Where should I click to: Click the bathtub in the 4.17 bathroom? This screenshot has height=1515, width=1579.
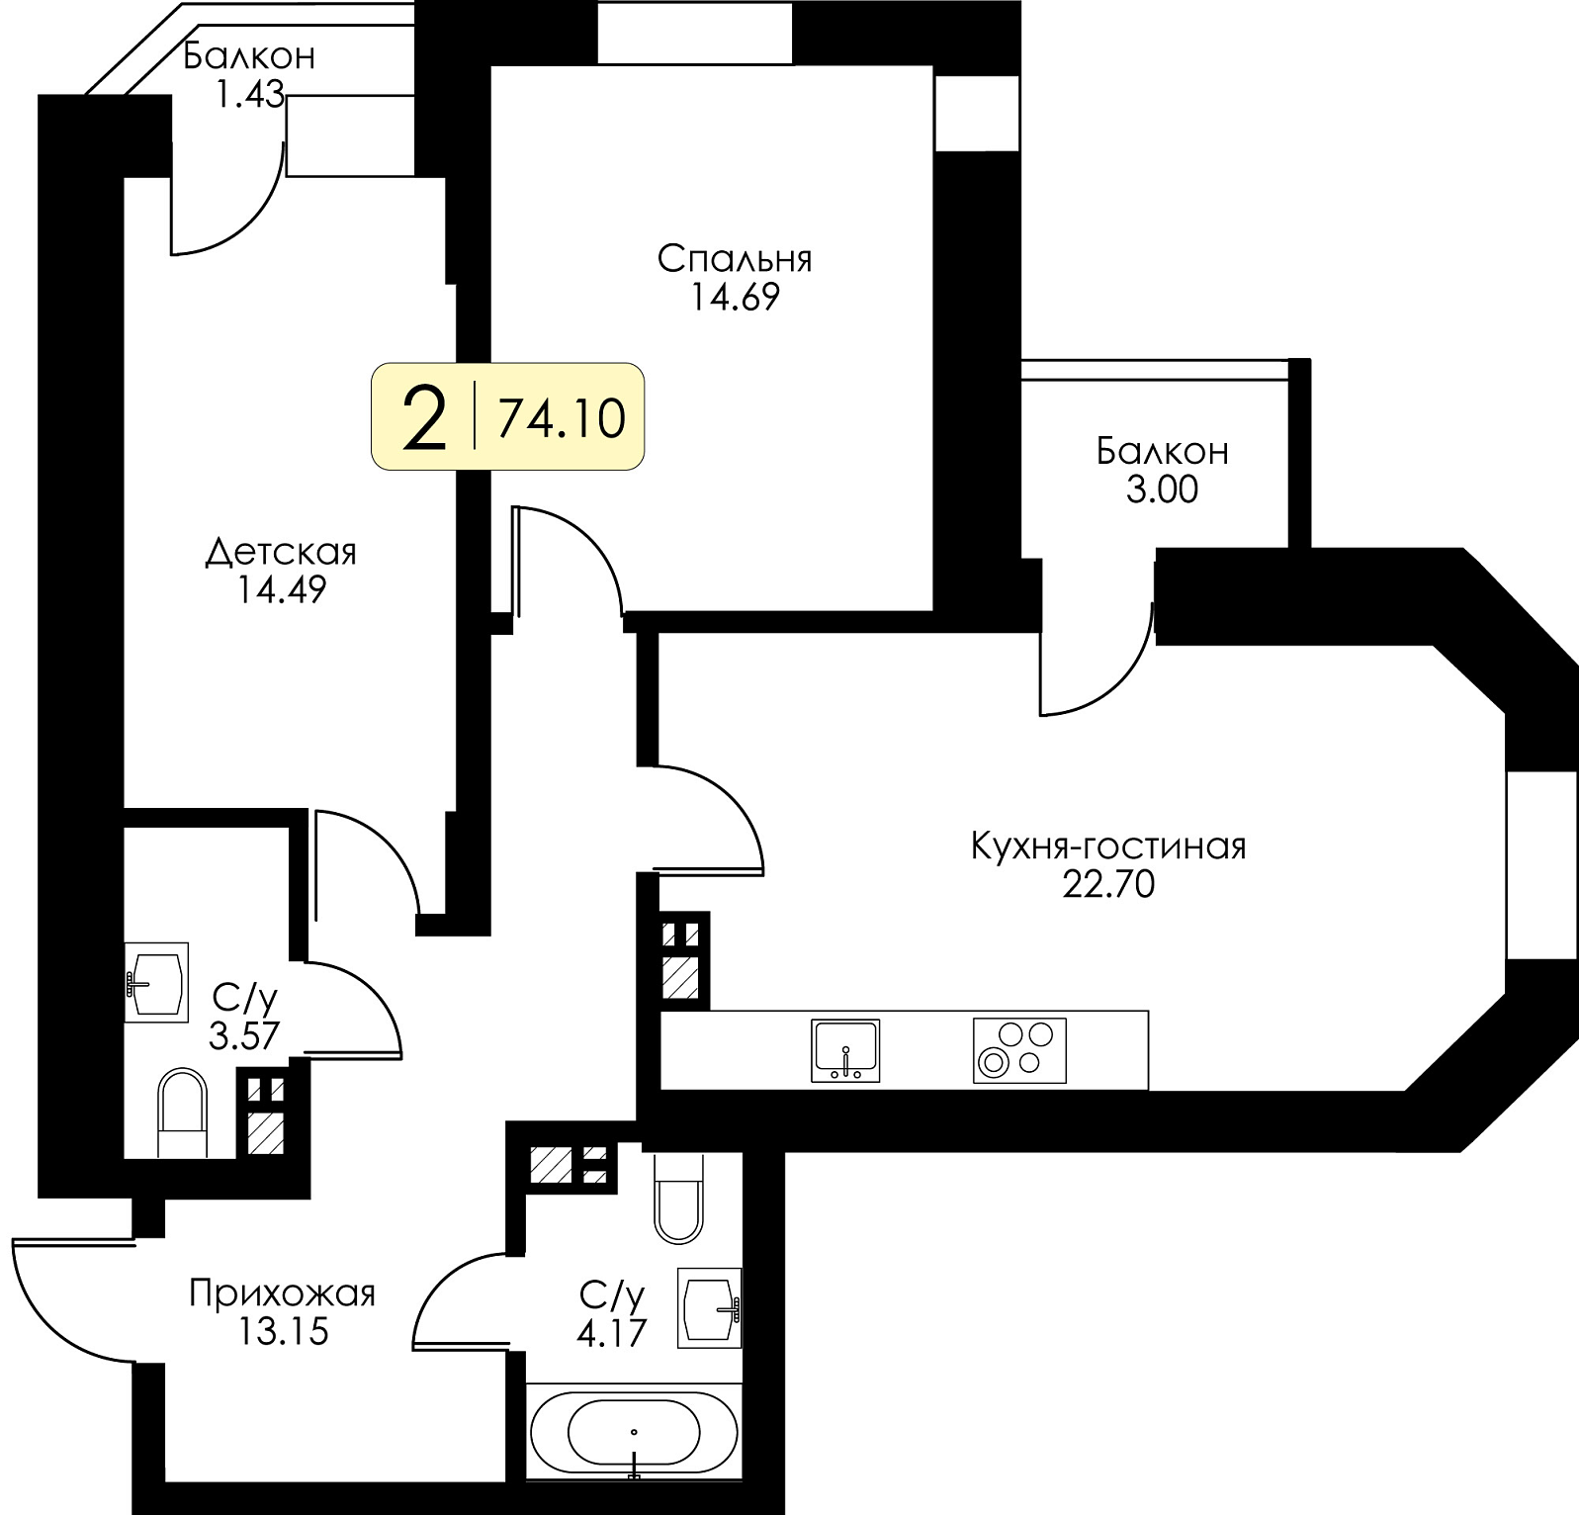point(634,1431)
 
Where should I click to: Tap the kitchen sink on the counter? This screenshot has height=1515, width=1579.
point(845,1049)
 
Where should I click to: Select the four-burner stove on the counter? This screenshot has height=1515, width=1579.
point(1019,1049)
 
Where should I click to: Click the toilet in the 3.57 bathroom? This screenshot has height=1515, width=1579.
point(183,1112)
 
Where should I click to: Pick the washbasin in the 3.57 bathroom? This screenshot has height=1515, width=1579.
point(156,982)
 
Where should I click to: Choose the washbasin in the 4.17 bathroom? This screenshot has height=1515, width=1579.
point(709,1308)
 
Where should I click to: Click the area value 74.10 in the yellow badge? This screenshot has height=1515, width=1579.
point(561,417)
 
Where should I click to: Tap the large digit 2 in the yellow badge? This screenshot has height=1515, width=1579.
point(426,417)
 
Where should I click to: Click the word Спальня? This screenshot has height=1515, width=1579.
point(735,259)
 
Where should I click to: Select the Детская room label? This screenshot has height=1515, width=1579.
point(281,552)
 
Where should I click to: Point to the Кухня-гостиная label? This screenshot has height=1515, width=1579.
point(1108,847)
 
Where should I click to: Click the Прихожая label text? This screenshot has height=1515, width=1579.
point(283,1293)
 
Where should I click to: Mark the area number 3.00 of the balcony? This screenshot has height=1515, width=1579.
point(1162,490)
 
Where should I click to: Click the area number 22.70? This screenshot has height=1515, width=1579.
point(1108,884)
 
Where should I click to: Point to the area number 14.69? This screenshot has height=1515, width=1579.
point(735,297)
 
